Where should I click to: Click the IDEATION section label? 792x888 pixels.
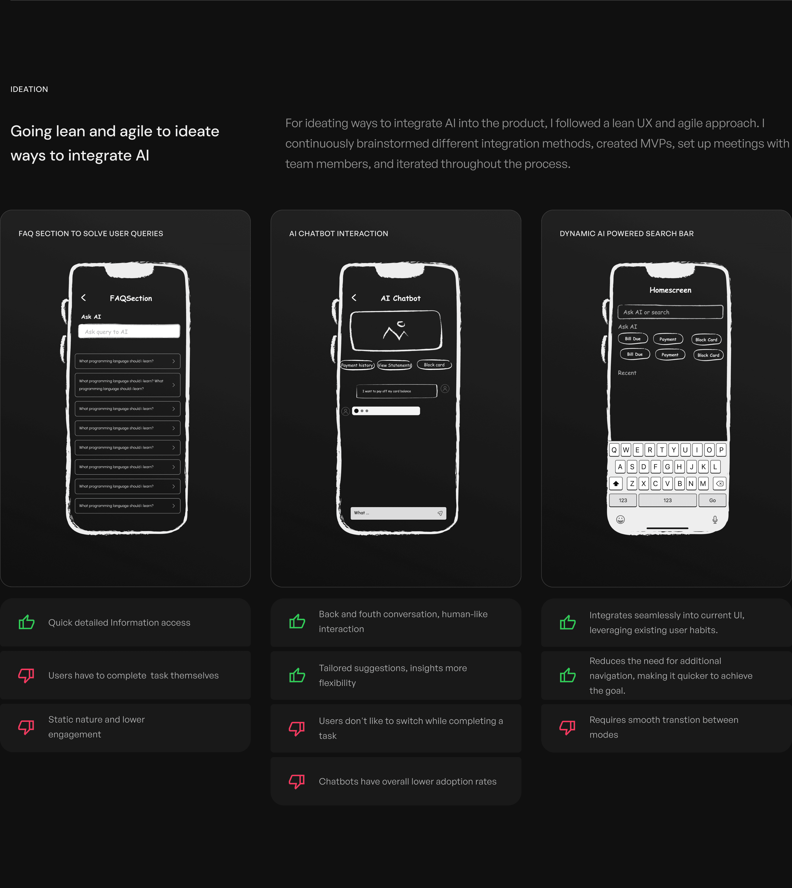point(29,89)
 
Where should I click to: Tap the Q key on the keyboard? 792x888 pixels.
point(614,450)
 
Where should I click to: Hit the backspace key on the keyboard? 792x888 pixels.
point(720,483)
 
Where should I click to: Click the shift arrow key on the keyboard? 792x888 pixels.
point(616,483)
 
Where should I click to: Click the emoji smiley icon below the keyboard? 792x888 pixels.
point(620,520)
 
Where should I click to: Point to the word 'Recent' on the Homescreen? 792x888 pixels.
point(627,373)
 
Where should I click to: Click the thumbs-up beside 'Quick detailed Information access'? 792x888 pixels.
point(27,622)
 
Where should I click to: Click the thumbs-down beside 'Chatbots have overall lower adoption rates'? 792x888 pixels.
point(297,781)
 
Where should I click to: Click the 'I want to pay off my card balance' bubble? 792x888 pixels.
point(397,391)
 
